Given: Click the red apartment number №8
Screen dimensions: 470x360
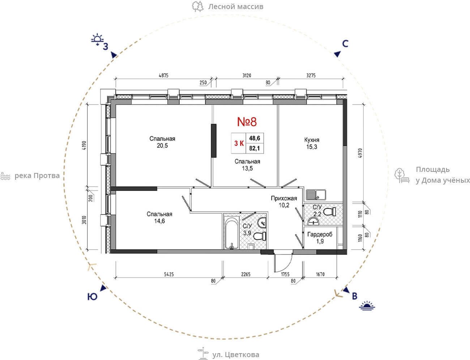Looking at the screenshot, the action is tap(247, 122).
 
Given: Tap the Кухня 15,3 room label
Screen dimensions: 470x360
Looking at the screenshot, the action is tap(312, 143).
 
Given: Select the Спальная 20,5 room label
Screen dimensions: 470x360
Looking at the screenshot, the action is tap(162, 142).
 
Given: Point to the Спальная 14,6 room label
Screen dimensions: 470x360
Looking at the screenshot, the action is tap(159, 217).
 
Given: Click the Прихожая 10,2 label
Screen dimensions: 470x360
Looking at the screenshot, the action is tap(284, 202).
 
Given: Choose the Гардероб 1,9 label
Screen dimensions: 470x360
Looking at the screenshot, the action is tap(320, 238).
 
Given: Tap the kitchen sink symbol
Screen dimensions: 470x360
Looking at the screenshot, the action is tap(316, 195).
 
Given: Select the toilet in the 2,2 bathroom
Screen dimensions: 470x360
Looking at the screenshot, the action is tap(329, 212).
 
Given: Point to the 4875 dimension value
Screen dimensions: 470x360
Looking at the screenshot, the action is tap(163, 75).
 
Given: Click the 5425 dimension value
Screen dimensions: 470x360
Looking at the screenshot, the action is tap(169, 274).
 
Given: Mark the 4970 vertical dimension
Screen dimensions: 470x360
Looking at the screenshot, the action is tap(360, 153).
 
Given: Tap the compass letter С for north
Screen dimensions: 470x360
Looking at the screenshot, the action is tap(345, 44).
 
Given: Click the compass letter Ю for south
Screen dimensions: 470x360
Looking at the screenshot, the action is tap(92, 297).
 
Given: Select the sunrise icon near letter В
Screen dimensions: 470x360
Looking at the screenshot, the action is tap(367, 306).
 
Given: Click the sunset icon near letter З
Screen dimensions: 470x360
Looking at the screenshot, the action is tap(97, 40).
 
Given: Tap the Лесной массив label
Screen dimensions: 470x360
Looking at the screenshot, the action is tap(235, 7).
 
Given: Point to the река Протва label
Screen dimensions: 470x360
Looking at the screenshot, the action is tap(37, 176).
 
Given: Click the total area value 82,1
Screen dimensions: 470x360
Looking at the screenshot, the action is tap(255, 148).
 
